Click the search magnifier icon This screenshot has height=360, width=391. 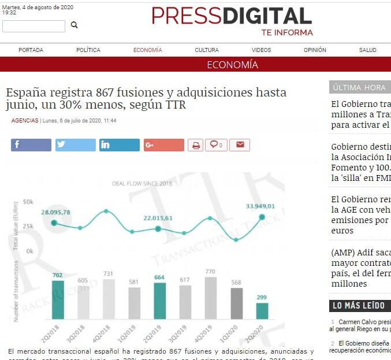(x=74, y=25)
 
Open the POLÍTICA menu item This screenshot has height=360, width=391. (x=88, y=50)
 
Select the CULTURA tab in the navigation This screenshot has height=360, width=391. (x=207, y=50)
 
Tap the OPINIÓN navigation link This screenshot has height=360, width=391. (x=315, y=50)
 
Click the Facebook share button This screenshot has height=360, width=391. (x=31, y=145)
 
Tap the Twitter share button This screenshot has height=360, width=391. (x=76, y=145)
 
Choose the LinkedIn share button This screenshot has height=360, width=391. (x=120, y=145)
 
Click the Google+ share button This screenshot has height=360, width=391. (x=164, y=145)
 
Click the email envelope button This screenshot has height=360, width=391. (x=240, y=145)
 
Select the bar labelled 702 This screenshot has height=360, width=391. (x=58, y=299)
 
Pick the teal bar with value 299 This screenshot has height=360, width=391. (x=262, y=311)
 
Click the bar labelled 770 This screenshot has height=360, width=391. (x=210, y=298)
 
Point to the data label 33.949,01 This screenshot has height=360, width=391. (x=260, y=206)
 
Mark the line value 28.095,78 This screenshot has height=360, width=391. (x=55, y=212)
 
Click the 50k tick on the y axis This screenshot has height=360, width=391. (x=28, y=203)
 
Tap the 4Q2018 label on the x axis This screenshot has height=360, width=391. (x=106, y=333)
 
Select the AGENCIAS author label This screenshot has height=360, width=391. (x=25, y=121)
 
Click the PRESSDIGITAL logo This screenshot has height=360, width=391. (x=232, y=17)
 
